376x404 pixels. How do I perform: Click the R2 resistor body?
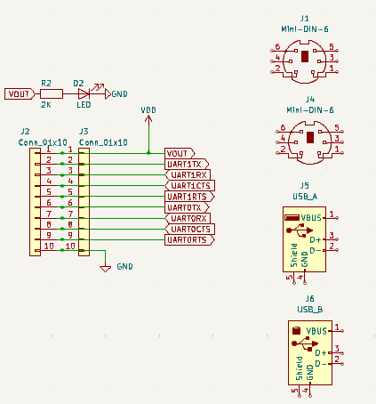coord(52,94)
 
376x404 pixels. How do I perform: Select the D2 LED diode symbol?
coord(84,94)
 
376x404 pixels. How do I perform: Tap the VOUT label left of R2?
coord(20,94)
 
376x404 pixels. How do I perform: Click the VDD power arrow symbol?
coord(148,119)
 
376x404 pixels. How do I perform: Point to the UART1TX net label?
coord(187,165)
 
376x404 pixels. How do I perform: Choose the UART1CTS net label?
coord(190,186)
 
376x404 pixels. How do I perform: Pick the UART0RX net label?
coord(188,219)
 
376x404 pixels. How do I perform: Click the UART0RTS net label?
coord(189,240)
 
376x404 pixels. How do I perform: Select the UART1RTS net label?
coord(189,197)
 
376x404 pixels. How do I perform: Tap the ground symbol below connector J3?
coord(106,269)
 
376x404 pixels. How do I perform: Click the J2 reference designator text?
coord(25,132)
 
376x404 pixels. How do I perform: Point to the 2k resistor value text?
coord(46,105)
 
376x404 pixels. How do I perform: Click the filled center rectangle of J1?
coord(305,56)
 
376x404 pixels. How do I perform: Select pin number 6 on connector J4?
coord(283,127)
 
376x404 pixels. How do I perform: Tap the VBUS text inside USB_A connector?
coord(311,218)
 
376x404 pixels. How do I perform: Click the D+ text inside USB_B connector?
coord(321,353)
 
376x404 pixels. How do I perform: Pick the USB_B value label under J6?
coord(310,310)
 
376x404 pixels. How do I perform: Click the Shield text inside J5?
coord(293,255)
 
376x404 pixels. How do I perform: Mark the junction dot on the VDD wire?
coord(148,153)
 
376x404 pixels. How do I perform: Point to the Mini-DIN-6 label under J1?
coord(305,29)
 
